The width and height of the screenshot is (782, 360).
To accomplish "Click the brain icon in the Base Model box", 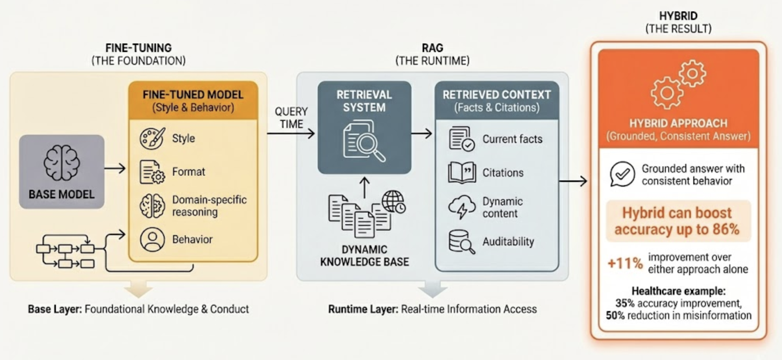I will (61, 163).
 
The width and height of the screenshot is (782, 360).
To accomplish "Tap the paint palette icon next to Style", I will (152, 138).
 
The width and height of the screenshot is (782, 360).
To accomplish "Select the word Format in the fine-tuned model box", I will (188, 172).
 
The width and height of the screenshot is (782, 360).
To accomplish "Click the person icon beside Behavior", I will (152, 239).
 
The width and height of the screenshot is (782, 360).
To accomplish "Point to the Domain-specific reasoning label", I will (209, 206).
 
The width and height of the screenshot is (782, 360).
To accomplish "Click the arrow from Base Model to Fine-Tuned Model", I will (115, 169).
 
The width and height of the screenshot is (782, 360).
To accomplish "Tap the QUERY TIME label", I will (291, 118).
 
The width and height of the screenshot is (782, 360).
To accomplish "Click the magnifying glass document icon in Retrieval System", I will (364, 141).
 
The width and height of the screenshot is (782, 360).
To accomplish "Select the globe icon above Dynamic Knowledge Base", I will (393, 201).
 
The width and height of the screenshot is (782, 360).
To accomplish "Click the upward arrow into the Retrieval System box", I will (364, 187).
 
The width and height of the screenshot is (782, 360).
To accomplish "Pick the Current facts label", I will (512, 139).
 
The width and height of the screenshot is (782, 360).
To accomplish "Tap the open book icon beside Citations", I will (462, 173).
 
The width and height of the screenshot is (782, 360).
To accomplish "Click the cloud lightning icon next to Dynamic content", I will (462, 207).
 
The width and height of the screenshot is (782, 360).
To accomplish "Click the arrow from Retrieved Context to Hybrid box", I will (573, 181).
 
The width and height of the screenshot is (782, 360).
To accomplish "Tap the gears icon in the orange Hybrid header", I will (678, 84).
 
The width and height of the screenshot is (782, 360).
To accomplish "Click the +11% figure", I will (625, 263).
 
